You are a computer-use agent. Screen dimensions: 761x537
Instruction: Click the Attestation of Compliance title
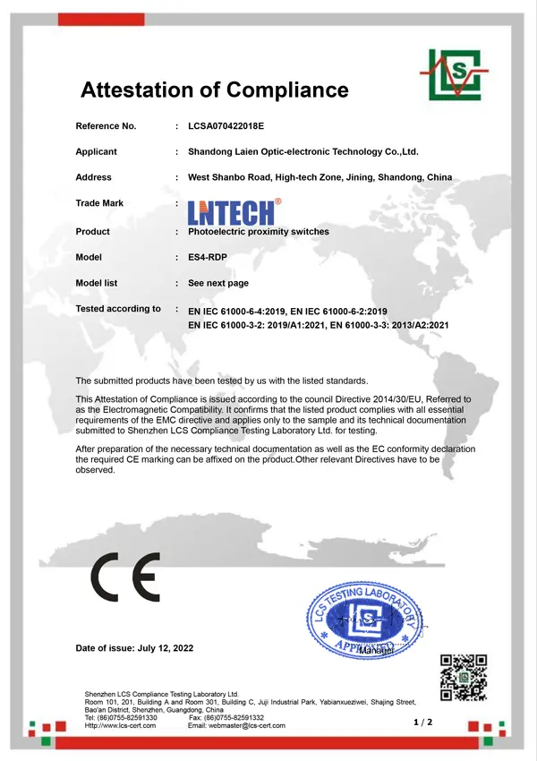pyautogui.click(x=214, y=90)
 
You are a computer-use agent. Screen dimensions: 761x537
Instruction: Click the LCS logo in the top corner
pyautogui.click(x=454, y=73)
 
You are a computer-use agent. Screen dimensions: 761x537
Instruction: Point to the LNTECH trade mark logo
pyautogui.click(x=234, y=211)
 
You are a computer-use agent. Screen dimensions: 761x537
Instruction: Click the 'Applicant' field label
pyautogui.click(x=96, y=152)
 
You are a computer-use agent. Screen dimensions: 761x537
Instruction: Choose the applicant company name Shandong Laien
pyautogui.click(x=303, y=152)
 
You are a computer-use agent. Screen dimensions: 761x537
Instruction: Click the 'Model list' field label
pyautogui.click(x=97, y=283)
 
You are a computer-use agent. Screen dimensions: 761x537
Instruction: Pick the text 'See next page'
pyautogui.click(x=218, y=283)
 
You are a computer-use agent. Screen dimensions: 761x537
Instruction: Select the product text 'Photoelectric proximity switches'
pyautogui.click(x=259, y=232)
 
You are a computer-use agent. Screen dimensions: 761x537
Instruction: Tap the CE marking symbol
pyautogui.click(x=125, y=577)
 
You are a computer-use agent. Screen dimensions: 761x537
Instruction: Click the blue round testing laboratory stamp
pyautogui.click(x=364, y=618)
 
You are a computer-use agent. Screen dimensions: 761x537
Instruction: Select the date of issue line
pyautogui.click(x=134, y=647)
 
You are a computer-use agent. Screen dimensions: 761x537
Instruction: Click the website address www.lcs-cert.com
pyautogui.click(x=120, y=725)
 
